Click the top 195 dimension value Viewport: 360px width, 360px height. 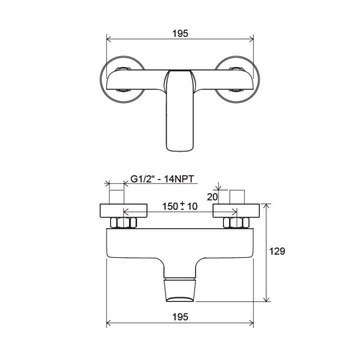[x=180, y=33]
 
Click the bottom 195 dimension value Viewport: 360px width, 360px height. [x=180, y=317]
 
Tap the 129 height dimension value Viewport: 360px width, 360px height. [x=277, y=251]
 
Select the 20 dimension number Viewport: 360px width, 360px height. [x=212, y=197]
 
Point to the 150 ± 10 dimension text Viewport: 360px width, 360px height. [x=180, y=206]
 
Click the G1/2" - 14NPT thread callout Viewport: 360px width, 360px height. [x=162, y=179]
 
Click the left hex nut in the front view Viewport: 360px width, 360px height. [x=123, y=222]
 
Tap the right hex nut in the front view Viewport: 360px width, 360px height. [x=236, y=222]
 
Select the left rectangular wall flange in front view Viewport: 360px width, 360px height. [x=123, y=210]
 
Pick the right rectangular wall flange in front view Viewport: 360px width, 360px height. [x=236, y=210]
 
